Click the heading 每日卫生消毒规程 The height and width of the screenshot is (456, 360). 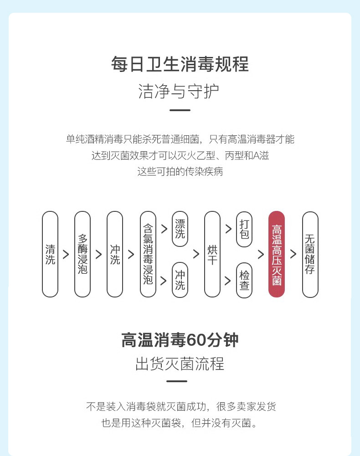(x=180, y=64)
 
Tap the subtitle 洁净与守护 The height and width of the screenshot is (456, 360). (x=180, y=92)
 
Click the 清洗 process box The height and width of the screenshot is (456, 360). (x=50, y=254)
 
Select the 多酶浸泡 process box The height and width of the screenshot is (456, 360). (x=82, y=254)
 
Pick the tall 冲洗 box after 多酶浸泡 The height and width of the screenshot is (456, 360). (x=115, y=254)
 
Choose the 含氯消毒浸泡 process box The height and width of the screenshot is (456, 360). (x=148, y=254)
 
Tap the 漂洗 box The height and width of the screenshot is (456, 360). (x=180, y=229)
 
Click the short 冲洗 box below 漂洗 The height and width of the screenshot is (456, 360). (x=180, y=280)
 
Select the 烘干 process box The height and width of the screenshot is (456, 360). (x=212, y=254)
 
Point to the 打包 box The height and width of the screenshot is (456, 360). (x=244, y=229)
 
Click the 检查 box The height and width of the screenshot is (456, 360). (x=244, y=280)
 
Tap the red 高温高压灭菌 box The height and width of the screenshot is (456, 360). (x=277, y=254)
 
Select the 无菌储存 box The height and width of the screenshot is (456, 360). (x=310, y=254)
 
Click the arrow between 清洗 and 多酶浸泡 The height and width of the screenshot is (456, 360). (x=66, y=255)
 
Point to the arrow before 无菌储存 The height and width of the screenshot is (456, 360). (x=293, y=255)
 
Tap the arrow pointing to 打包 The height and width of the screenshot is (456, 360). (x=228, y=227)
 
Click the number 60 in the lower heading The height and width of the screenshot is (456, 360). (x=197, y=340)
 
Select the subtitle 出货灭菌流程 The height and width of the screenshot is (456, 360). (x=180, y=364)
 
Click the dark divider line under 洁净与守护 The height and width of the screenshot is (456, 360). (x=180, y=110)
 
